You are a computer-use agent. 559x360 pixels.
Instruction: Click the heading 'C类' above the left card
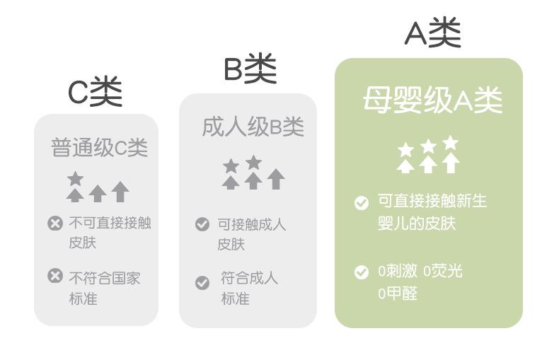point(95,92)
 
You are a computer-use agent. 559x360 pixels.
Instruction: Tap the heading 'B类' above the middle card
point(250,69)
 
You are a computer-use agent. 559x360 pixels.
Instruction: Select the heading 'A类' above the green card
point(432,33)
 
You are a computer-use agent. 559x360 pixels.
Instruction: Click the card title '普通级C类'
point(99,148)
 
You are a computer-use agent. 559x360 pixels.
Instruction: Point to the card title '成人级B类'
point(253,127)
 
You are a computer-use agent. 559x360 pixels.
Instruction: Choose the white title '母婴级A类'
point(432,100)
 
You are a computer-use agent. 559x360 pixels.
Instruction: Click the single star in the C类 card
point(75,178)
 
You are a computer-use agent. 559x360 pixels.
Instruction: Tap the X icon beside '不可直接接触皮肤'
point(55,223)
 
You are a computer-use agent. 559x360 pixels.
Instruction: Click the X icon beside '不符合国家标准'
point(55,276)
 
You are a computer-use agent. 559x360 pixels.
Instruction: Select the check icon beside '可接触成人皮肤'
point(202,224)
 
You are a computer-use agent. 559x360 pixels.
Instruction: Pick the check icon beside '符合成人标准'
point(202,283)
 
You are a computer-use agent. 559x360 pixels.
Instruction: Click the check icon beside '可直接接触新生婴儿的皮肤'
point(362,203)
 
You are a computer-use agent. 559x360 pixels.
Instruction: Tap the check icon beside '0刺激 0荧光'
point(362,272)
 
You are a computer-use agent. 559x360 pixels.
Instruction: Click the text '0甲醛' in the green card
point(398,294)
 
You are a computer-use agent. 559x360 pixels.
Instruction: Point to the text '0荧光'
point(442,271)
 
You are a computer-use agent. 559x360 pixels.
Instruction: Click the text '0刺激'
point(397,271)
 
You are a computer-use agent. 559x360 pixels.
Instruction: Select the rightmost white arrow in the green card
point(451,163)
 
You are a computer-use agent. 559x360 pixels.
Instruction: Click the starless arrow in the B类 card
point(276,179)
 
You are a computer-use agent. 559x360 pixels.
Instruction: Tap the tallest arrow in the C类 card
point(120,191)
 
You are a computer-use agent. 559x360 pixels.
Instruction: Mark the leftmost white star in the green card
point(405,150)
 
